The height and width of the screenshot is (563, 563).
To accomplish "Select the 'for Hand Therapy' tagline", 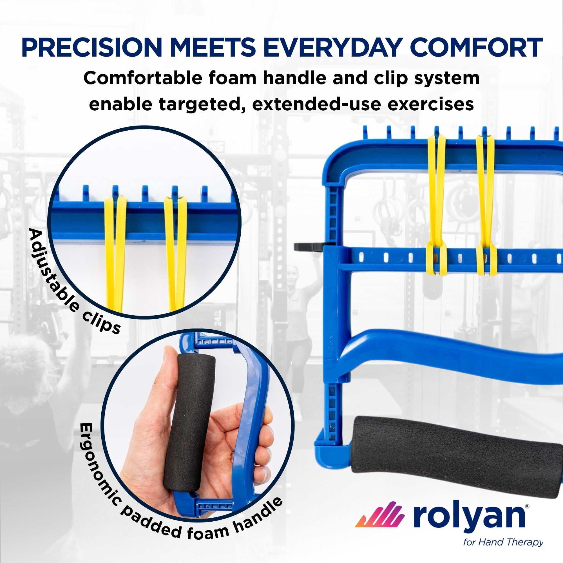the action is click(503, 543).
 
